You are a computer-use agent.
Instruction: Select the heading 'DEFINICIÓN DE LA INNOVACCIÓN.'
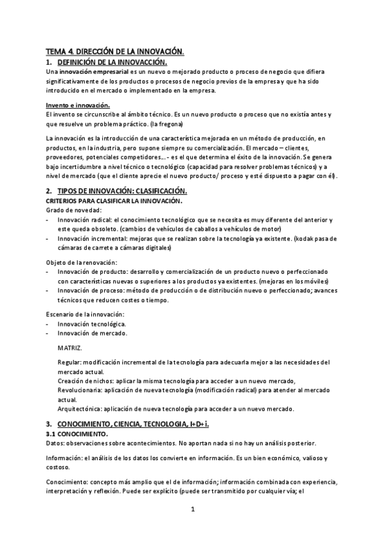click(x=112, y=62)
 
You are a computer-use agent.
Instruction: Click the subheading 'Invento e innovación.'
click(x=78, y=105)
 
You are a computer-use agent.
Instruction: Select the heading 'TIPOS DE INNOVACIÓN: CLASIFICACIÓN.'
click(x=122, y=191)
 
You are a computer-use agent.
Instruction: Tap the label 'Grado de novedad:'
click(x=74, y=210)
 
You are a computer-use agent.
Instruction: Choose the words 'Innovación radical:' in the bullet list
click(x=85, y=220)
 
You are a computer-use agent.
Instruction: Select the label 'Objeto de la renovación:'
click(x=82, y=263)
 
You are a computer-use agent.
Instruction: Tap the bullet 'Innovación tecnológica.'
click(x=91, y=324)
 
